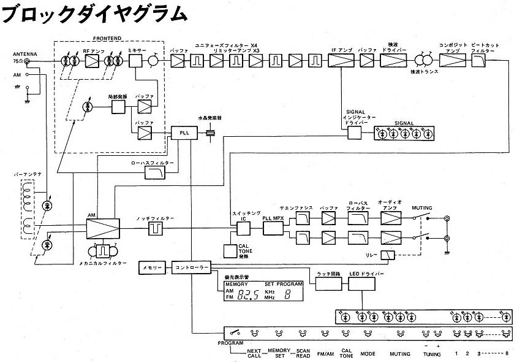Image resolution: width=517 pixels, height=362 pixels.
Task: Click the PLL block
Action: (184, 133)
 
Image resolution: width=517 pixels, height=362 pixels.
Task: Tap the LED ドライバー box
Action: (362, 284)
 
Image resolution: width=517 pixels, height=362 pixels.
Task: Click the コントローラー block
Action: (191, 268)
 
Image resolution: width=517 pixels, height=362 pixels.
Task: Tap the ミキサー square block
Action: (135, 60)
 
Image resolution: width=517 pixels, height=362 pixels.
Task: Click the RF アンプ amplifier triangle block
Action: (92, 60)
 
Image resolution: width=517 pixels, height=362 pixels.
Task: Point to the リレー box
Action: (388, 256)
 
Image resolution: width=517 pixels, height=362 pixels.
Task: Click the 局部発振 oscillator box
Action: (118, 106)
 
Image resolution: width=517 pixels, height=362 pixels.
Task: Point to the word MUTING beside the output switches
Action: (423, 208)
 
